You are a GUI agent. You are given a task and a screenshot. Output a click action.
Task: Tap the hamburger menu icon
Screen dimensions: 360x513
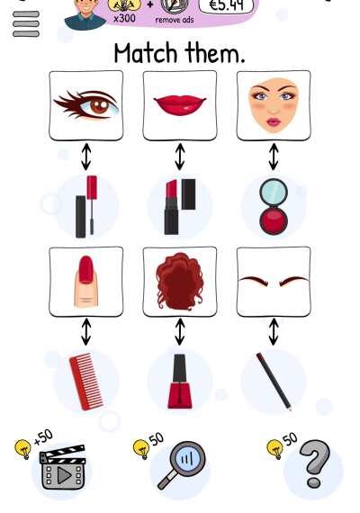(26, 24)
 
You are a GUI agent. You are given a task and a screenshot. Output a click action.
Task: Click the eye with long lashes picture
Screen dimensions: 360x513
(86, 105)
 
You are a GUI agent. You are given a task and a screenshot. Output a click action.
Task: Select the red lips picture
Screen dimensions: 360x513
(180, 105)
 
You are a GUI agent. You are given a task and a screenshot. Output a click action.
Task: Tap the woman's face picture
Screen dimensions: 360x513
(274, 105)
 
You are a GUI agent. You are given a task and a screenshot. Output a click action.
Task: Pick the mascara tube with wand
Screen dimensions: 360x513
(86, 207)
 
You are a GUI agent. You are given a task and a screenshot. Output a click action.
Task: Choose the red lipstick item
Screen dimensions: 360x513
(180, 207)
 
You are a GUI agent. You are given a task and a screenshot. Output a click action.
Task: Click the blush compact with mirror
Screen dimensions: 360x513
(274, 207)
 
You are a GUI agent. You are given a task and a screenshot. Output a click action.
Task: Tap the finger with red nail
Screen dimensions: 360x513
(86, 282)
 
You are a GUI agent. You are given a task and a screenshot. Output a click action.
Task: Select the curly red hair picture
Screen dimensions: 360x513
(180, 282)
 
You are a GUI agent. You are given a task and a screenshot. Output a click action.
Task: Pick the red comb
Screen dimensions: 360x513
(86, 382)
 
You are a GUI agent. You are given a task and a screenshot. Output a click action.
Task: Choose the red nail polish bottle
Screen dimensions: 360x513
(180, 382)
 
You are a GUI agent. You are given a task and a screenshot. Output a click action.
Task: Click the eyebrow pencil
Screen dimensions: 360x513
(274, 382)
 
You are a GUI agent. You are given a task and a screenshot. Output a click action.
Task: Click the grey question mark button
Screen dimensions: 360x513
(315, 463)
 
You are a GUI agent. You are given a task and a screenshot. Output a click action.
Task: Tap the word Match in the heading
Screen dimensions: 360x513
(145, 53)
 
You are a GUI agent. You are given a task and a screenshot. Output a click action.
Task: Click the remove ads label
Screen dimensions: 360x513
(175, 20)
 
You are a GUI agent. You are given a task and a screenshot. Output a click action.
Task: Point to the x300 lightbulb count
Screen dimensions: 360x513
(124, 18)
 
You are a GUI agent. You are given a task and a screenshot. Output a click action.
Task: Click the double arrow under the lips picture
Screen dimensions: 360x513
(180, 157)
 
